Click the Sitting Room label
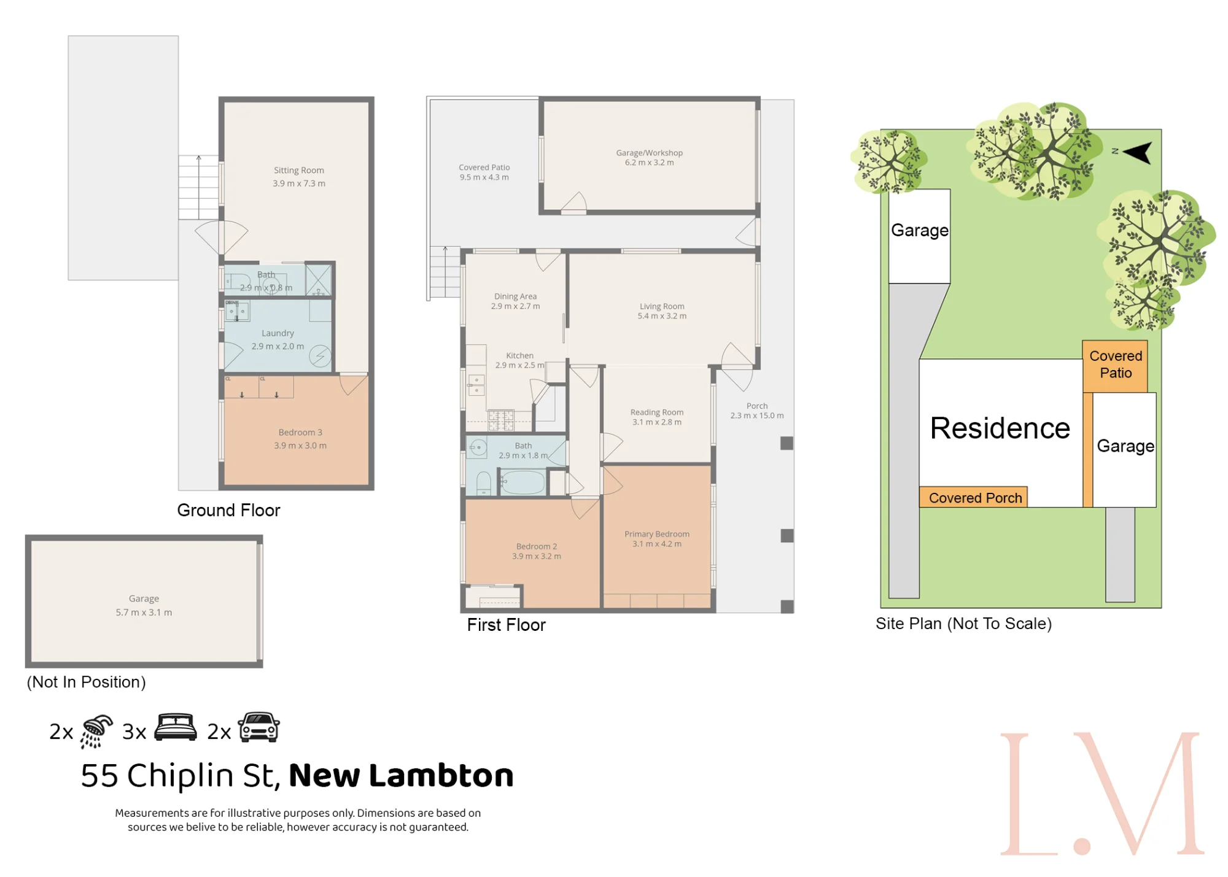tap(298, 170)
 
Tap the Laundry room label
tap(278, 333)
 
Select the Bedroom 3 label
tap(300, 432)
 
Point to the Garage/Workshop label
tap(649, 153)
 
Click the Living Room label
tap(661, 306)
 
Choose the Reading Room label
tap(656, 412)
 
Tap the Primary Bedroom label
tap(656, 534)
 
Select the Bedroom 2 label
tap(536, 546)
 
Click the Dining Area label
tap(515, 296)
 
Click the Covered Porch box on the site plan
tap(973, 497)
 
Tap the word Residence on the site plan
tap(1000, 428)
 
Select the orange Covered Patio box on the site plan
tap(1114, 366)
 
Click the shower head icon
tap(96, 731)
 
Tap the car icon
tap(259, 727)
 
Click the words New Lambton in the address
tap(401, 775)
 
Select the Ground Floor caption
tap(228, 510)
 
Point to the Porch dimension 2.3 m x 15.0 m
tap(756, 415)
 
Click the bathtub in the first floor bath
tap(523, 482)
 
